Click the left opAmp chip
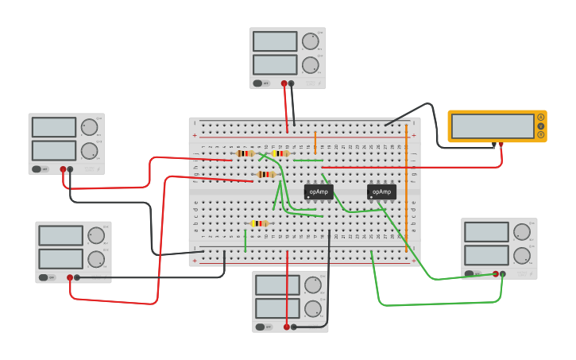319,192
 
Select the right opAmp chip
381,192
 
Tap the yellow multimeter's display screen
493,126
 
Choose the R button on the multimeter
541,134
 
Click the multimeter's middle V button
541,126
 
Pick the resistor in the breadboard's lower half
259,223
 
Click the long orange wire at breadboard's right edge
406,187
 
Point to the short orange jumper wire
315,142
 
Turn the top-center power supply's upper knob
310,41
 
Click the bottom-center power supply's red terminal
287,327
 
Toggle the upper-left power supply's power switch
37,169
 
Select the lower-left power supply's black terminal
77,277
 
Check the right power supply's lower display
486,255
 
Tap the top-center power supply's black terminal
292,83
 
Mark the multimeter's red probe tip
501,145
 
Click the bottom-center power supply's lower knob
312,309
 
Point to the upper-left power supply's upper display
54,127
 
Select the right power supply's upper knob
521,232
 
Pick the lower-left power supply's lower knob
96,259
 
